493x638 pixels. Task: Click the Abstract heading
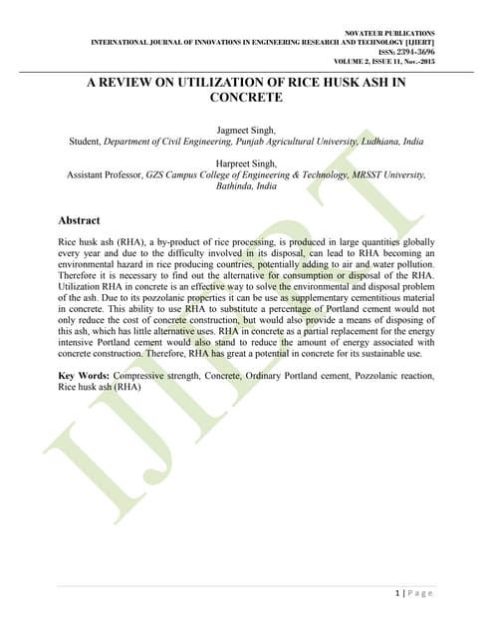(x=79, y=220)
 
